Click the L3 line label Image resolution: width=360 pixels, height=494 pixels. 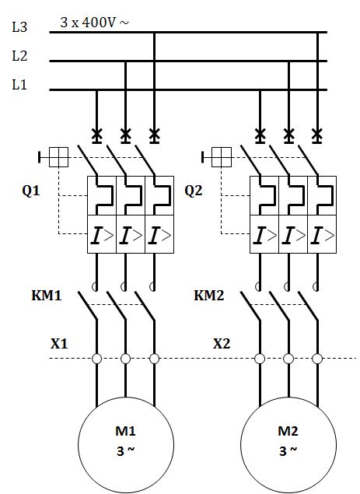pos(19,27)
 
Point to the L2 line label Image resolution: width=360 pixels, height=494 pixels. pos(19,56)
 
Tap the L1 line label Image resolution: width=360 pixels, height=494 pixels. pos(19,85)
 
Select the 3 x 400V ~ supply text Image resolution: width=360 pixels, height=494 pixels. pos(95,23)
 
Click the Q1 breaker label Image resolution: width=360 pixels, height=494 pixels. pos(31,191)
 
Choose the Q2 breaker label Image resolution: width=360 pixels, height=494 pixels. pos(193,191)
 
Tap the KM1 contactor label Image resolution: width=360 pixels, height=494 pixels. pos(47,296)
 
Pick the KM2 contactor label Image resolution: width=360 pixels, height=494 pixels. pos(209,296)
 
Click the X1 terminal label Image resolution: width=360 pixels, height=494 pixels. pos(59,343)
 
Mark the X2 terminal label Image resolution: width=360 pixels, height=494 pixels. pos(222,343)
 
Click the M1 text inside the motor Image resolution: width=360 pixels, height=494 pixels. pos(125,431)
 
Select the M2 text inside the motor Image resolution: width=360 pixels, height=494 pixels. pos(288,431)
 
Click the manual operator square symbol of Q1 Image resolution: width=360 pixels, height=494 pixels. pos(58,157)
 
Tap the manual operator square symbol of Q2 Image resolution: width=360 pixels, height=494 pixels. pos(222,157)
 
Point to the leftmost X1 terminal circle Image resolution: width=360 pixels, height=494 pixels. pos(96,359)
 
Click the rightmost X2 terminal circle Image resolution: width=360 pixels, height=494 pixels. pos(317,359)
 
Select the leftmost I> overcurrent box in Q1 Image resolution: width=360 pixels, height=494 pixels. pos(102,234)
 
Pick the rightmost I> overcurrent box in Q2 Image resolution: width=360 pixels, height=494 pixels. pos(322,234)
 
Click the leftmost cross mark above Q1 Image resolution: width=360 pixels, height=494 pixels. pos(96,135)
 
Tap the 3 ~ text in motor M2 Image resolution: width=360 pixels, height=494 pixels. pos(288,451)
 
